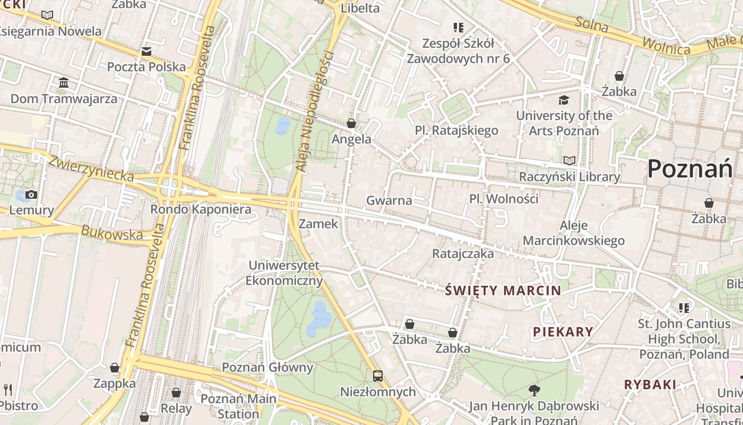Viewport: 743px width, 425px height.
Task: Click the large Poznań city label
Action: [689, 169]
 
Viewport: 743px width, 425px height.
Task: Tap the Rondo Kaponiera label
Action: [201, 209]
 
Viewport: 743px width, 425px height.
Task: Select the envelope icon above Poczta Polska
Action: [146, 52]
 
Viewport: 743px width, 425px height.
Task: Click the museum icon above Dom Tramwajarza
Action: [64, 82]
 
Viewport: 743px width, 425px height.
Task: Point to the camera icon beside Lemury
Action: [31, 194]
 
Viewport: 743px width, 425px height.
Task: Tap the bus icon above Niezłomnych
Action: [378, 376]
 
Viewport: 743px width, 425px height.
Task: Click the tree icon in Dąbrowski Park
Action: [534, 390]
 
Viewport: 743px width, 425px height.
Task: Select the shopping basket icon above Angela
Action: [351, 124]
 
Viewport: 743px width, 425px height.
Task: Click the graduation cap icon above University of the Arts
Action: [564, 100]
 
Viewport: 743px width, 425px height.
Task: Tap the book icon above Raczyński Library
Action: [569, 160]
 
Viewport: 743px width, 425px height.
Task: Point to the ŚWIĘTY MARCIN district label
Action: [503, 291]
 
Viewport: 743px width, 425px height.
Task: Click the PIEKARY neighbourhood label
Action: [563, 332]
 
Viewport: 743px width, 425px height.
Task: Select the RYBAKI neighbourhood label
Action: [650, 385]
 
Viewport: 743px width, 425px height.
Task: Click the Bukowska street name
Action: [112, 233]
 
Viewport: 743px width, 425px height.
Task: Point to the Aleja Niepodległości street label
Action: [315, 112]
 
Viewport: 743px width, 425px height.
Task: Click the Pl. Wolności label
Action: [504, 199]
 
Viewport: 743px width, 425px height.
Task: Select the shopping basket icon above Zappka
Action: [114, 368]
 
